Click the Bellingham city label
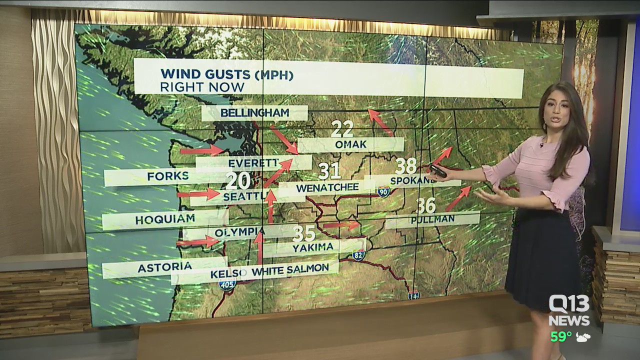(x=254, y=113)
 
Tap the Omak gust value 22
(x=342, y=129)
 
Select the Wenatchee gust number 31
(x=329, y=171)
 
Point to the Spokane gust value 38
(x=406, y=166)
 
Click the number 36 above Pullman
(x=426, y=205)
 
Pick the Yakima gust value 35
(x=304, y=233)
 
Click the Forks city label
(x=161, y=176)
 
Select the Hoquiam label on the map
(x=165, y=220)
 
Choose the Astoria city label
(x=164, y=267)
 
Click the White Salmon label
(x=290, y=270)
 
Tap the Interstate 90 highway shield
(x=383, y=191)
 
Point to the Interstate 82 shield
(x=358, y=255)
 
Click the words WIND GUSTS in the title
(x=204, y=74)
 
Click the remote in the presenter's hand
(x=437, y=171)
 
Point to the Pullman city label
(x=432, y=219)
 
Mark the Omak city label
(x=350, y=144)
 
